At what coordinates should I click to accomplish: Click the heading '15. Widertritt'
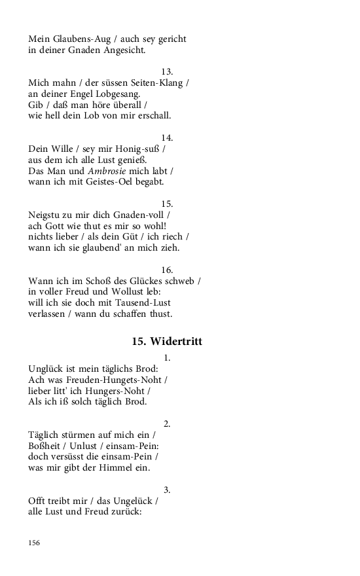(167, 341)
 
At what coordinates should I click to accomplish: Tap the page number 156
(34, 543)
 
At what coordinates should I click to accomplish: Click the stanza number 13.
(167, 71)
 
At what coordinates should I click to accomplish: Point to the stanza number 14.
(167, 137)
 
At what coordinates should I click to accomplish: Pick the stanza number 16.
(167, 270)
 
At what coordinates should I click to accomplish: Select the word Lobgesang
(121, 94)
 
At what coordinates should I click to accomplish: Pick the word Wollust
(122, 292)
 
